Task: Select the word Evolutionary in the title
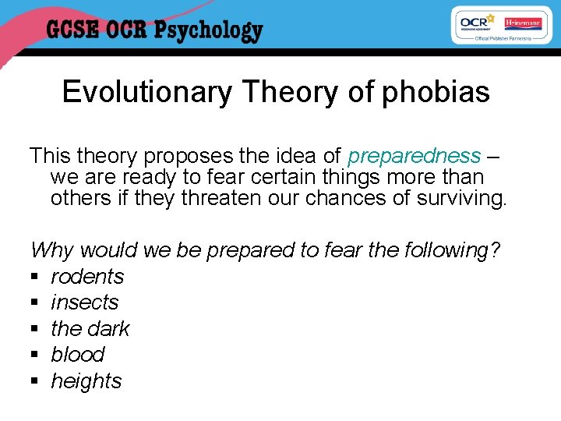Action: tap(147, 92)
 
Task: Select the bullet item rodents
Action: tap(87, 277)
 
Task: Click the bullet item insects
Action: tap(84, 302)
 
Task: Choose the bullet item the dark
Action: tap(90, 329)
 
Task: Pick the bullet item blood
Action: tap(77, 355)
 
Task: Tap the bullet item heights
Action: tap(86, 381)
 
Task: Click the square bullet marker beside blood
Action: tap(34, 356)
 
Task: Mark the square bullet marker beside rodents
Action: tap(34, 278)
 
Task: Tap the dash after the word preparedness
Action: tap(492, 156)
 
